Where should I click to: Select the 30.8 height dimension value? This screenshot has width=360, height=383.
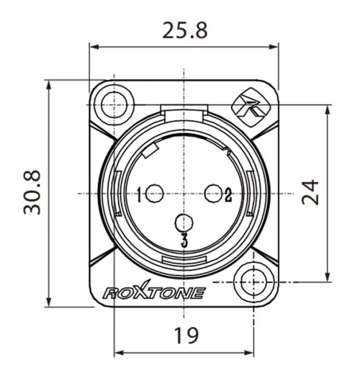click(x=32, y=192)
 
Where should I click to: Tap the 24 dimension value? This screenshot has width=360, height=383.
click(x=310, y=192)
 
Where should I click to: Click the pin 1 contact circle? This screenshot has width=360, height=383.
click(x=154, y=193)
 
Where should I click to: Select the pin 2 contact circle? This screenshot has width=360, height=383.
click(x=214, y=193)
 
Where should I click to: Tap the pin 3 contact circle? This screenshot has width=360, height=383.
click(x=184, y=223)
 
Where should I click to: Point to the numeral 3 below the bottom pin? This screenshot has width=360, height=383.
click(x=184, y=240)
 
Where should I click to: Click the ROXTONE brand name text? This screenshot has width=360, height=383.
click(x=154, y=293)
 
